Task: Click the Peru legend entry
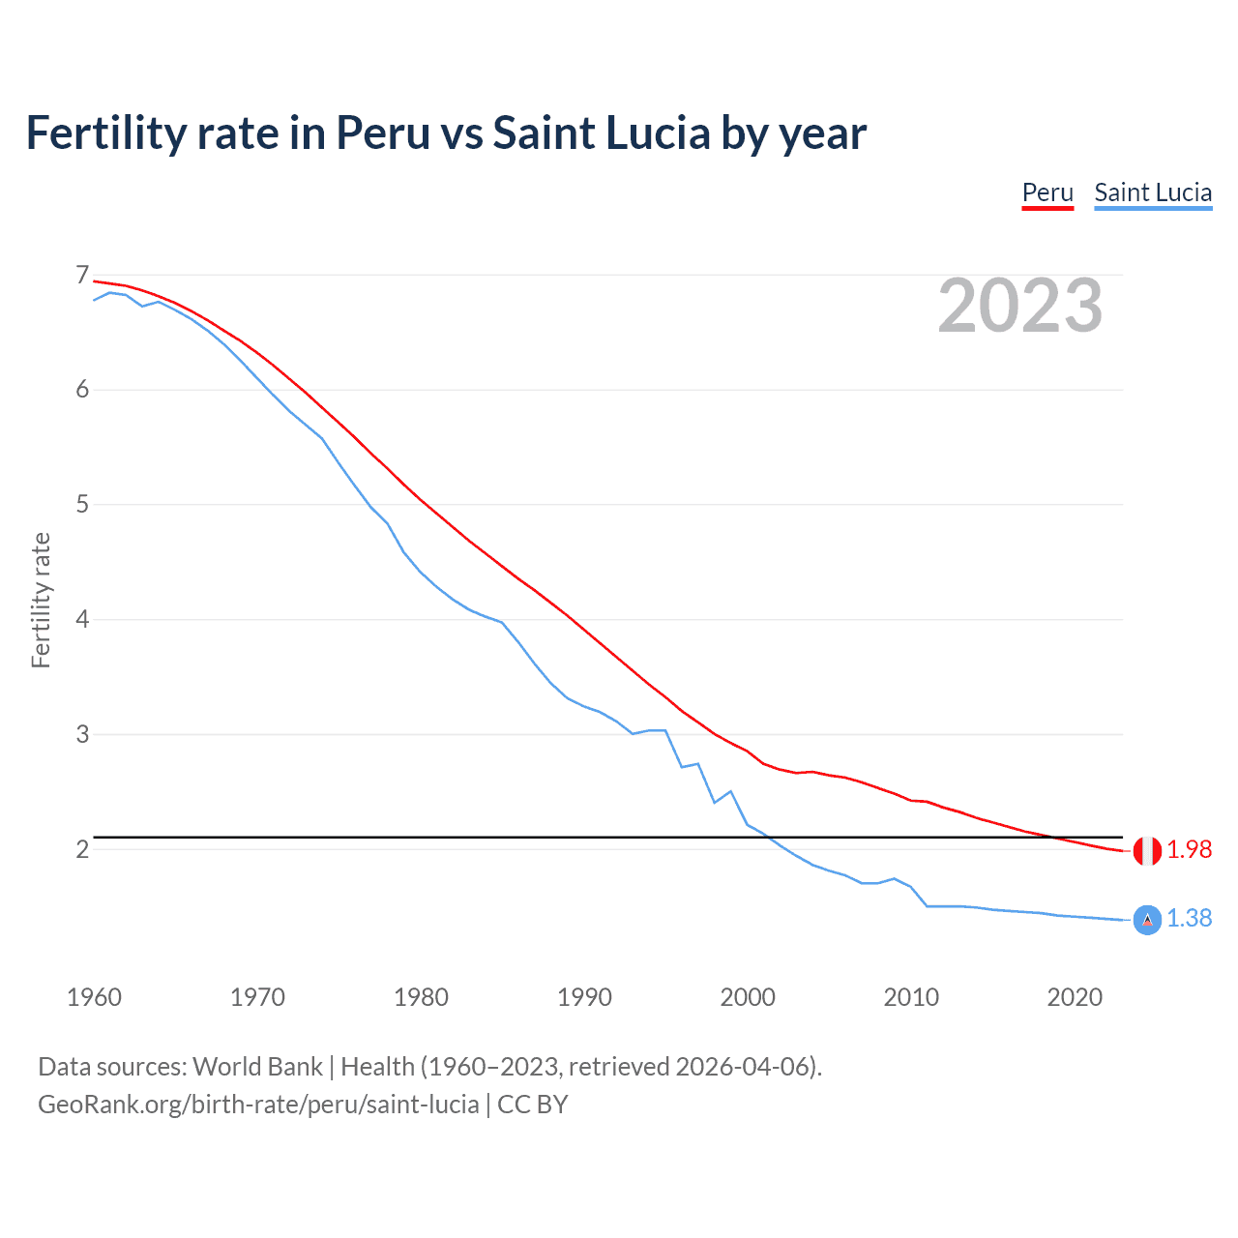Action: coord(1047,192)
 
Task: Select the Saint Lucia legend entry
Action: coord(1153,192)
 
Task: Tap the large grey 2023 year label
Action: coord(1020,306)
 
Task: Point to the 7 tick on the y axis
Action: coord(82,276)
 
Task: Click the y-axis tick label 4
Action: coord(82,619)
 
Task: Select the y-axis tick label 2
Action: coord(82,849)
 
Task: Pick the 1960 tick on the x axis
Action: coord(94,997)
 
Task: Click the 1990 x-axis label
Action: coord(584,997)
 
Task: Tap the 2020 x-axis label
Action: coord(1075,997)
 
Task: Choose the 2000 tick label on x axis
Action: coord(748,997)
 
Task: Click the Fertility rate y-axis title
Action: coord(41,600)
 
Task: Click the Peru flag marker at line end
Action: coord(1147,851)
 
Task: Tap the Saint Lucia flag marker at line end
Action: coord(1147,921)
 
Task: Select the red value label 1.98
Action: coord(1189,849)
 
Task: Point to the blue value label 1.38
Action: coord(1189,918)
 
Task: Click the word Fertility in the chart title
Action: coord(105,133)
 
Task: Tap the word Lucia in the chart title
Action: coord(658,133)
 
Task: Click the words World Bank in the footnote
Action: coord(257,1067)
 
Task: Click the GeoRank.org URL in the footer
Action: coord(258,1105)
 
